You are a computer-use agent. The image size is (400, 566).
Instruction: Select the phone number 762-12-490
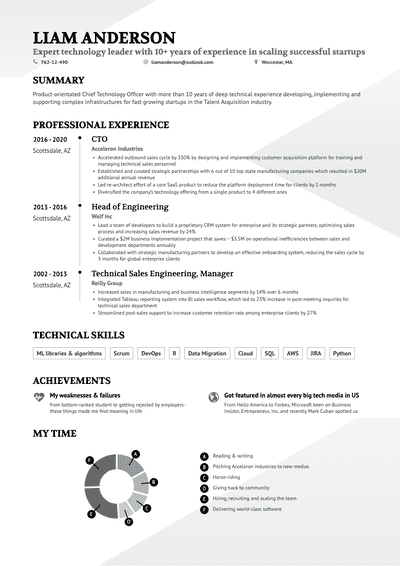click(54, 61)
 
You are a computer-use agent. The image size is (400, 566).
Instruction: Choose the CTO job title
click(99, 138)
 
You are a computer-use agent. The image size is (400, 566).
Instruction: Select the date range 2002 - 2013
click(50, 273)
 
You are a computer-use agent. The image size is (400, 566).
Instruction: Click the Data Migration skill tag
click(206, 353)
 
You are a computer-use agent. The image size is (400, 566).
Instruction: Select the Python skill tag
click(341, 353)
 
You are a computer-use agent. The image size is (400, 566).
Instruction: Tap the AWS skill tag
click(293, 353)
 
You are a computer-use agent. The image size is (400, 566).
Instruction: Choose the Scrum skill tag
click(121, 353)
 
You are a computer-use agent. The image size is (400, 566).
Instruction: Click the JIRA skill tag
click(315, 353)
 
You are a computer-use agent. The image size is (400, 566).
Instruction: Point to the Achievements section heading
click(71, 381)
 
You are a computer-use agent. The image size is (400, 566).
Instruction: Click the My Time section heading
click(55, 435)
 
